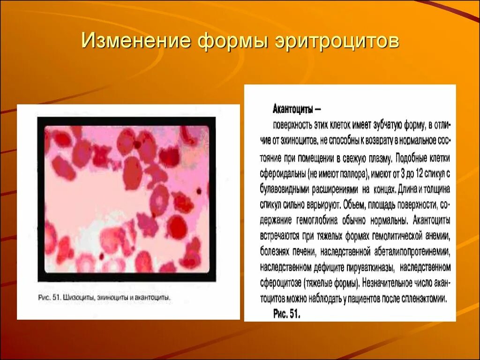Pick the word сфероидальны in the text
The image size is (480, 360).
click(283, 173)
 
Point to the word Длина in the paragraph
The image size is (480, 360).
click(409, 189)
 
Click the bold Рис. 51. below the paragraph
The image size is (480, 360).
click(286, 314)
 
